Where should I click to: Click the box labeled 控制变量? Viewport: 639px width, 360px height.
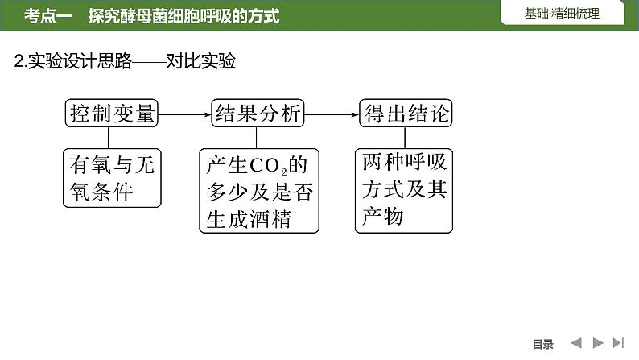point(112,114)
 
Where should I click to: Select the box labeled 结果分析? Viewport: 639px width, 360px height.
point(257,114)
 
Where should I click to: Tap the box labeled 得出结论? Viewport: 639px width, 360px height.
point(406,114)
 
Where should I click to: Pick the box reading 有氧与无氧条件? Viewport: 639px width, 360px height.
point(112,178)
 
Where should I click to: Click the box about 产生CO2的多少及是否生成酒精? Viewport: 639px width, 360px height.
point(258,191)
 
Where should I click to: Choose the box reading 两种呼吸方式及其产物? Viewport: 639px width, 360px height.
point(405,190)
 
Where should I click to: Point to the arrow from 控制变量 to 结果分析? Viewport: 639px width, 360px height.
point(185,114)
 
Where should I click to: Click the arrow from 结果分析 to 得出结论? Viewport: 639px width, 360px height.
point(332,114)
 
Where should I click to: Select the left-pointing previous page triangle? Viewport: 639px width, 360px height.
point(576,343)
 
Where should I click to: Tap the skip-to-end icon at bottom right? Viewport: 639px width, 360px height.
point(618,343)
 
